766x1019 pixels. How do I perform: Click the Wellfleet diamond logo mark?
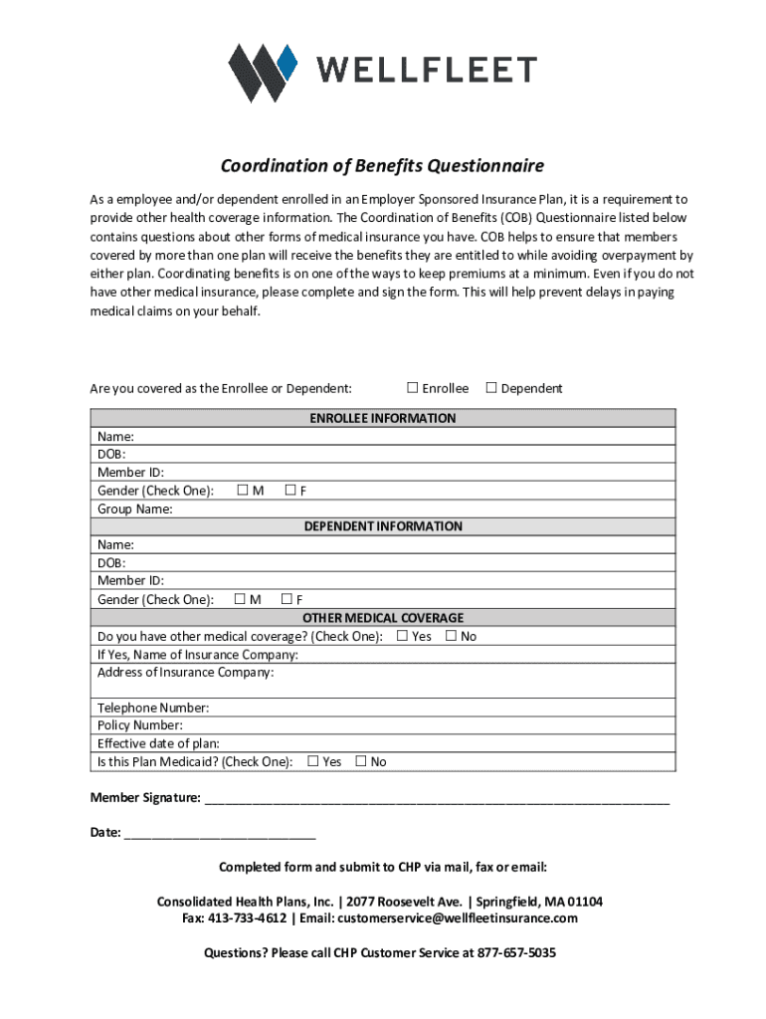point(263,73)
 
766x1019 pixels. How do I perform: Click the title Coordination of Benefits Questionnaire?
point(382,165)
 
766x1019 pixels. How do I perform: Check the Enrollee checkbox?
point(412,388)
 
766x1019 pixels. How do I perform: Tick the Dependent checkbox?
point(490,388)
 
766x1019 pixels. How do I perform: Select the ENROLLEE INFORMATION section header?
point(382,418)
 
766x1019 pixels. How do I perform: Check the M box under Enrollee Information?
point(242,491)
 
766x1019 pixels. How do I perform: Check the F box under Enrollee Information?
point(289,491)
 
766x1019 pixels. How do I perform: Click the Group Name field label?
point(134,509)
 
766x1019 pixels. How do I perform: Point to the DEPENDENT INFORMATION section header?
point(382,526)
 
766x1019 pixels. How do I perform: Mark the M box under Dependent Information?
point(239,599)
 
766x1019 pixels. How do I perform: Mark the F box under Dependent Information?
point(287,599)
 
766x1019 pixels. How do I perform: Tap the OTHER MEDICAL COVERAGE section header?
point(382,618)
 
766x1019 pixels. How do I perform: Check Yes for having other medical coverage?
point(402,636)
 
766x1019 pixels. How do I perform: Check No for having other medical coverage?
point(451,636)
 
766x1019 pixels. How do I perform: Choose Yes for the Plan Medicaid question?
point(312,761)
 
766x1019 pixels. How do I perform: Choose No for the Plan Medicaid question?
point(360,761)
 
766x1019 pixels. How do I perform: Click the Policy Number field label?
point(139,725)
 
